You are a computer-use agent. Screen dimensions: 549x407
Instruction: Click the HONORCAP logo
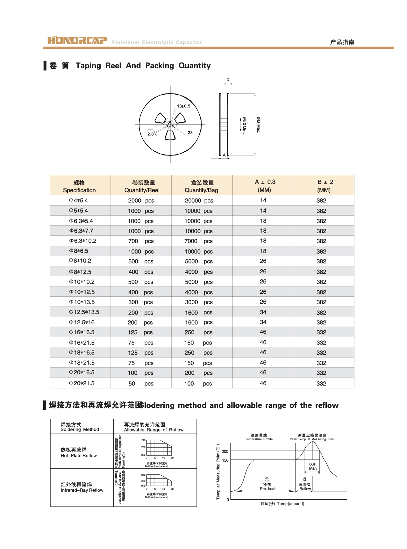click(77, 40)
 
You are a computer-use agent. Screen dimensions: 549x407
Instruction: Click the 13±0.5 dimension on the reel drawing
click(183, 106)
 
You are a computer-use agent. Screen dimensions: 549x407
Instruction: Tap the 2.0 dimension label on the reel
click(150, 134)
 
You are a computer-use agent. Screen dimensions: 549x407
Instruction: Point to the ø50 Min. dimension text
click(244, 125)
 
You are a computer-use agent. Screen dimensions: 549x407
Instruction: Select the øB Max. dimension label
click(259, 125)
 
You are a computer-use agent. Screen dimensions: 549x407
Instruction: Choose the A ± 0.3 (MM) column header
click(265, 186)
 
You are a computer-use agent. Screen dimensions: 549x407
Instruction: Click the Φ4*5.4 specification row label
click(79, 200)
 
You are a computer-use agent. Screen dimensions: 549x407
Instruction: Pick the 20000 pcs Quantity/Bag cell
click(199, 200)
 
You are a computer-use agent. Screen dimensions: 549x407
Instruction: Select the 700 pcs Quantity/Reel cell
click(141, 241)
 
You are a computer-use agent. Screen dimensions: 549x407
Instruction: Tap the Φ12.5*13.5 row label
click(84, 312)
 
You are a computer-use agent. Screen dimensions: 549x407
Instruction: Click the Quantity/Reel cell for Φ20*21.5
click(141, 384)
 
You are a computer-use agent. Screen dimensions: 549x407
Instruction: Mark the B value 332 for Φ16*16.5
click(321, 332)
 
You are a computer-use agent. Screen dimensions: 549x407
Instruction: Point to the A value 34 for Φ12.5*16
click(263, 322)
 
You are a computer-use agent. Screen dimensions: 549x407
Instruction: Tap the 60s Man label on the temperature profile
click(312, 466)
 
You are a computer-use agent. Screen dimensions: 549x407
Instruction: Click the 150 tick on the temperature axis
click(225, 460)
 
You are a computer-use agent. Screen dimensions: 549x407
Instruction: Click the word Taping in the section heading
click(88, 66)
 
